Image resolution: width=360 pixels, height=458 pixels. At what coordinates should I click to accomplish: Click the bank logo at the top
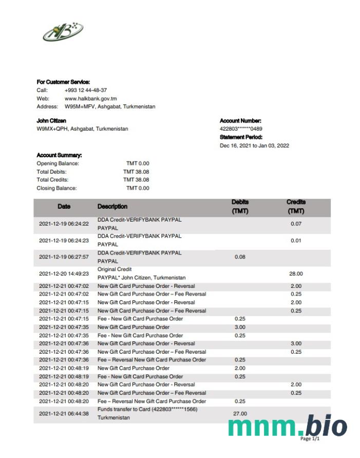point(63,32)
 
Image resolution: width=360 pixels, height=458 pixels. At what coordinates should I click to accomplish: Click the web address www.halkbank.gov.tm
point(90,98)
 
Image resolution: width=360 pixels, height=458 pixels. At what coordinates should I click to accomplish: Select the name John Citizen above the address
point(51,121)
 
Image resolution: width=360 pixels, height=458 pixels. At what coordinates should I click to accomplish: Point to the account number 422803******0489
point(241,129)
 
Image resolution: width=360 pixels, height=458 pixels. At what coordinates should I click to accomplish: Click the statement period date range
point(254,145)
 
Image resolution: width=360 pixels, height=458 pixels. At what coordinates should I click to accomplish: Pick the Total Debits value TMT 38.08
point(136,172)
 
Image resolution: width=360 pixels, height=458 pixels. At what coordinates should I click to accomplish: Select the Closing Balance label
point(56,188)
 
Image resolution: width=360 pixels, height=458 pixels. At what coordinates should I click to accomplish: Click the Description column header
point(112,207)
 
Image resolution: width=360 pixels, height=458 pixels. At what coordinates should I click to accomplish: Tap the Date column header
point(64,207)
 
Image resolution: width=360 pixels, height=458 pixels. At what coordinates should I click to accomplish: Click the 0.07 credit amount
point(296,224)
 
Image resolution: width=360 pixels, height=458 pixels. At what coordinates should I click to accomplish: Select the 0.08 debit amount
point(240,257)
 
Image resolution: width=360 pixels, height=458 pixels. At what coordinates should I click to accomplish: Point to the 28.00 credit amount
point(296,274)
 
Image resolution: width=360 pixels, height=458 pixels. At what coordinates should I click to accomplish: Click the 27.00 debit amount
point(240,413)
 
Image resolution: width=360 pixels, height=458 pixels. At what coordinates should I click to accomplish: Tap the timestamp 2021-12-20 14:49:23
point(64,274)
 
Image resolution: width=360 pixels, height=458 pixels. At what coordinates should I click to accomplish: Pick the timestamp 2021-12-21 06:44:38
point(64,413)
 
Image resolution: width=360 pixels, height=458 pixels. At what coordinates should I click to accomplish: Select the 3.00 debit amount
point(240,327)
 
